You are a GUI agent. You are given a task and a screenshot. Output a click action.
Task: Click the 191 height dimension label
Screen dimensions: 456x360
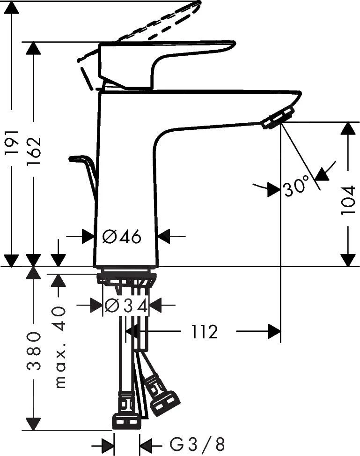(x=12, y=142)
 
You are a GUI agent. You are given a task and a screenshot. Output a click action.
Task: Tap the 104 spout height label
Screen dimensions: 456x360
(x=348, y=200)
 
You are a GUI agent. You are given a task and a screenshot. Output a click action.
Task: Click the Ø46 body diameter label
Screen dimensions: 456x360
(x=122, y=237)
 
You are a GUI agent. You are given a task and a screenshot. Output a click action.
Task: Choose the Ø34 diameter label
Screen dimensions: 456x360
(x=126, y=306)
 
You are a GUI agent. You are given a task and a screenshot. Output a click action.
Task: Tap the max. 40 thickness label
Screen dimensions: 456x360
(x=59, y=348)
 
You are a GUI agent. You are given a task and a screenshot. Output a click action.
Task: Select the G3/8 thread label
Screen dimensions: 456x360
(x=197, y=443)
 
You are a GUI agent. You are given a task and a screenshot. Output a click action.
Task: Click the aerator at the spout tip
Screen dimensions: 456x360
(x=278, y=118)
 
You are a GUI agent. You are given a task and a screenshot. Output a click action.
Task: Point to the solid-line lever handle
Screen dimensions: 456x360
(x=164, y=59)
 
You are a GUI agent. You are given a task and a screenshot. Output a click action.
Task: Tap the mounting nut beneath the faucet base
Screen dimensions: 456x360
(x=126, y=277)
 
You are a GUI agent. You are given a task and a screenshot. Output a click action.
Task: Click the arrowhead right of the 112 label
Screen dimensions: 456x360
(x=274, y=332)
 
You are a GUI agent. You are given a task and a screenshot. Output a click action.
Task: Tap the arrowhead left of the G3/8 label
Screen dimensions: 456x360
(x=108, y=444)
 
